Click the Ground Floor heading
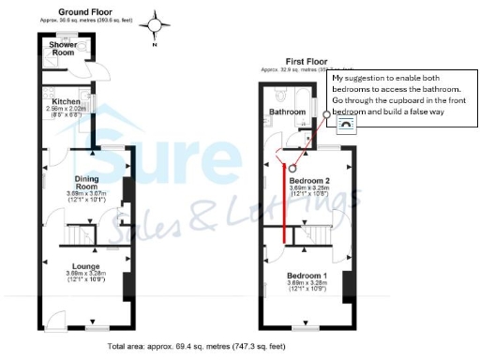(80, 11)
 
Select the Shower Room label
(63, 49)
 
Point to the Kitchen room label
(66, 100)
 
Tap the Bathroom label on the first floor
(287, 112)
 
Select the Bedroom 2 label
(308, 179)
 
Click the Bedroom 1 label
(308, 274)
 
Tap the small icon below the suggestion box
(346, 122)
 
